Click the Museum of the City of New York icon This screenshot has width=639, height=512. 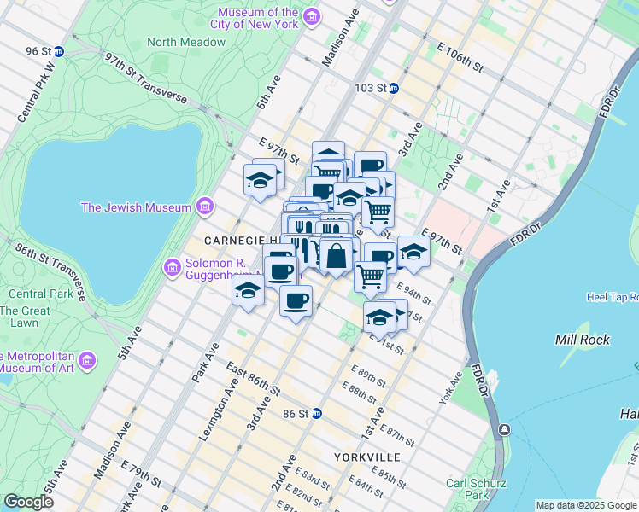click(312, 17)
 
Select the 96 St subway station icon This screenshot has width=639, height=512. click(59, 51)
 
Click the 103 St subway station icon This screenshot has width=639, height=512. click(393, 88)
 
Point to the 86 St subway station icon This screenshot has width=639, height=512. click(316, 414)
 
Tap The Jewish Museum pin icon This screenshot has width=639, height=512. click(204, 207)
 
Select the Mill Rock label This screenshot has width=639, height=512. click(582, 340)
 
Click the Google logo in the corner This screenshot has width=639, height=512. click(28, 501)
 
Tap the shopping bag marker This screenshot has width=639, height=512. click(337, 255)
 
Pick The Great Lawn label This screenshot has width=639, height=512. click(25, 317)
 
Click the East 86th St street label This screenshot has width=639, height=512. click(254, 380)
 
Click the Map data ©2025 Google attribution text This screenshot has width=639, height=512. click(586, 505)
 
